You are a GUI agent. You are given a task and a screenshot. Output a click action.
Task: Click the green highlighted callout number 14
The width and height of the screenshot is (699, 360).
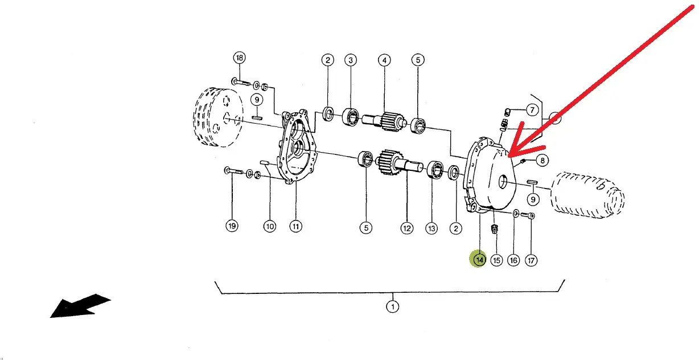[x=479, y=259]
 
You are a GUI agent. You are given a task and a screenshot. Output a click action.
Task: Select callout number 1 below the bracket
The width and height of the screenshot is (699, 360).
[x=393, y=306]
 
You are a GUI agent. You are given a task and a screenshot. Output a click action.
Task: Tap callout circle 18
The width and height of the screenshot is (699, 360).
[x=239, y=58]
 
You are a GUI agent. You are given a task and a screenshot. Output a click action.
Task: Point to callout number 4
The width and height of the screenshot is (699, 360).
[x=384, y=60]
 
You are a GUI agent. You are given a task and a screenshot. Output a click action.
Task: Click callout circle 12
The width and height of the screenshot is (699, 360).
[x=407, y=228]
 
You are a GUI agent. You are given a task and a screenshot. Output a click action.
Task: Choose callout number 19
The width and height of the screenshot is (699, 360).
[x=232, y=226]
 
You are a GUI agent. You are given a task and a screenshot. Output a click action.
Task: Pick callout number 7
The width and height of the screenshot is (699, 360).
[x=532, y=110]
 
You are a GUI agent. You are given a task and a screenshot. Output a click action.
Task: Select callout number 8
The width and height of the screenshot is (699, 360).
[x=542, y=161]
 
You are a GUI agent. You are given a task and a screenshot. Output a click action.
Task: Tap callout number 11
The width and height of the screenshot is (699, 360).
[x=296, y=226]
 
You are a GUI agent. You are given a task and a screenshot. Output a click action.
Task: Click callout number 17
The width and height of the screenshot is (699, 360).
[x=531, y=260]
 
